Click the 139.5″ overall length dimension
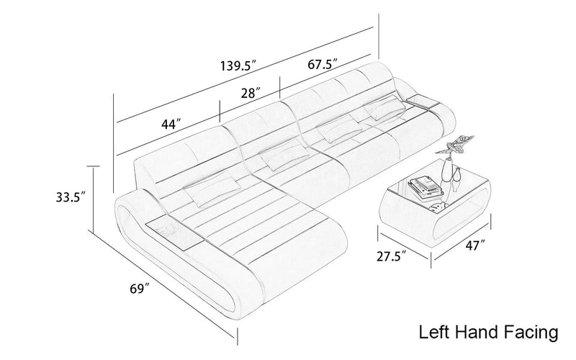(238, 66)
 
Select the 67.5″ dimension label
(322, 64)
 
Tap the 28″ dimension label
(251, 93)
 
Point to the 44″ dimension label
(171, 124)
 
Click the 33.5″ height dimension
(71, 197)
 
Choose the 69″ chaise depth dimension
(140, 289)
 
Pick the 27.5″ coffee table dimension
(391, 256)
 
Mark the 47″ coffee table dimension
(475, 245)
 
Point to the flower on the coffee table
(455, 145)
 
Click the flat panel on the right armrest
(423, 101)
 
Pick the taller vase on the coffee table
(446, 171)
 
